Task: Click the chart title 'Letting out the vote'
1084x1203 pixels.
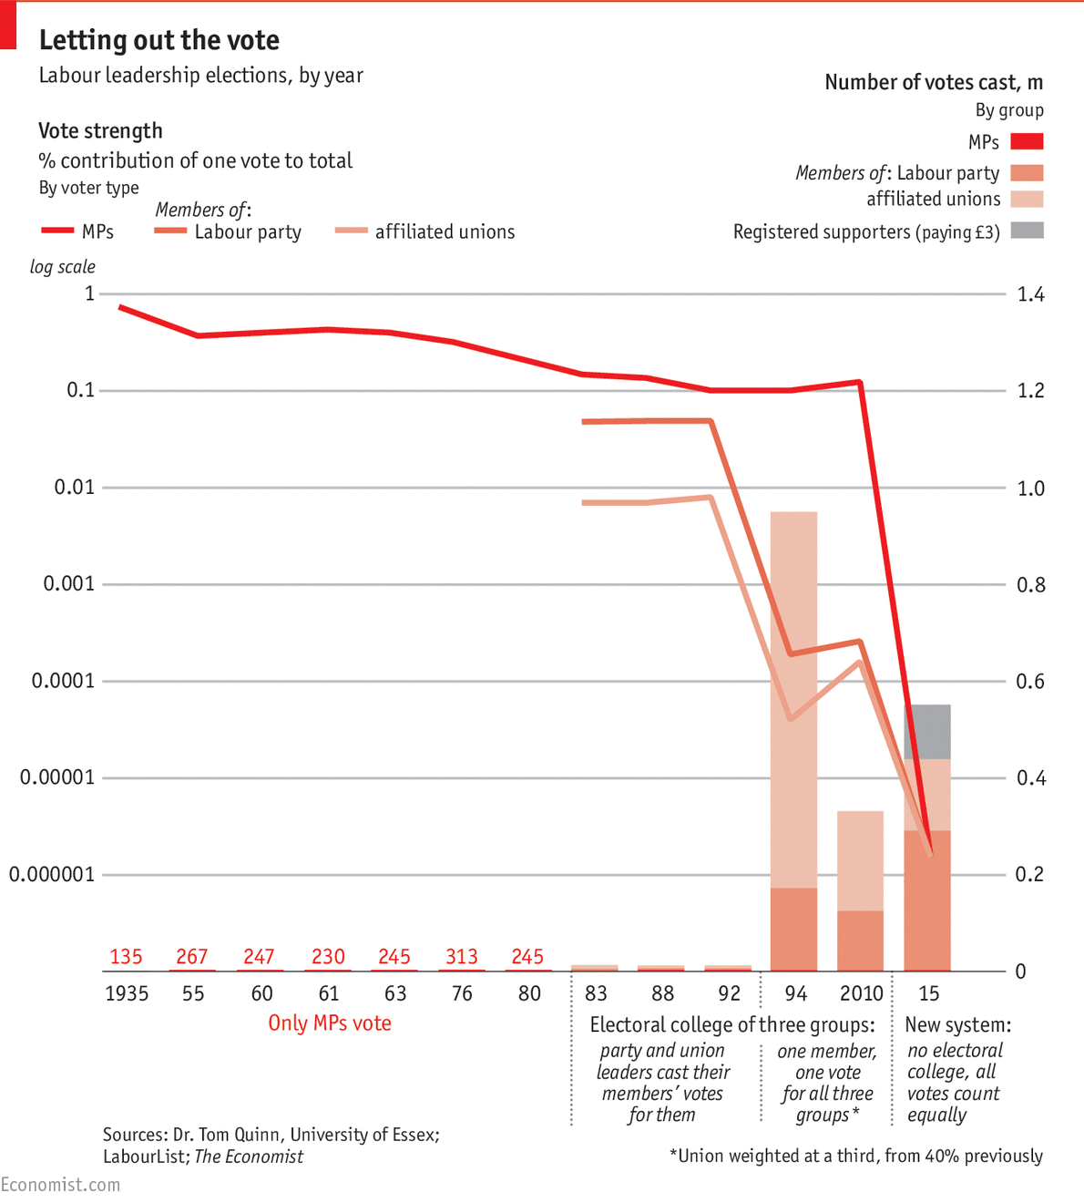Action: pos(159,40)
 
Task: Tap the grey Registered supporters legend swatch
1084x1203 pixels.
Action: pos(1027,231)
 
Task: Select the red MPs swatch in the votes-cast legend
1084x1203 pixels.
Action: pos(1027,141)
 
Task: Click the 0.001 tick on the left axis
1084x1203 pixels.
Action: pos(69,583)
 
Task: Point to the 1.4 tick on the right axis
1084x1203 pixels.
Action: pos(1030,294)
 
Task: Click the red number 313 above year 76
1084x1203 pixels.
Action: pos(462,957)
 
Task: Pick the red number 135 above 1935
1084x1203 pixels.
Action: pos(126,957)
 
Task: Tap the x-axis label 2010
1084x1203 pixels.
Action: pos(861,993)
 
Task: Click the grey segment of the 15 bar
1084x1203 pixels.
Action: pos(927,732)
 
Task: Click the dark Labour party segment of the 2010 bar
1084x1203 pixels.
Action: pos(860,941)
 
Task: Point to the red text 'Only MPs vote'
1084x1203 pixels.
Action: pos(330,1023)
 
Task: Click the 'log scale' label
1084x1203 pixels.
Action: pos(62,267)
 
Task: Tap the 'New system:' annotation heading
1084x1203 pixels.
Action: pos(957,1024)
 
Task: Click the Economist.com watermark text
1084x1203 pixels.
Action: pos(60,1185)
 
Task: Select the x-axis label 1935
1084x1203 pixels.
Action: pos(127,993)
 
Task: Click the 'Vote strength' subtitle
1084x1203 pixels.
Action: pos(100,131)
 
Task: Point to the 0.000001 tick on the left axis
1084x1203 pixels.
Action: pos(52,875)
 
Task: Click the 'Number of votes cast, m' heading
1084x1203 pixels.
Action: pos(934,83)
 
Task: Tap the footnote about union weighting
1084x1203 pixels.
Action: pos(856,1156)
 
